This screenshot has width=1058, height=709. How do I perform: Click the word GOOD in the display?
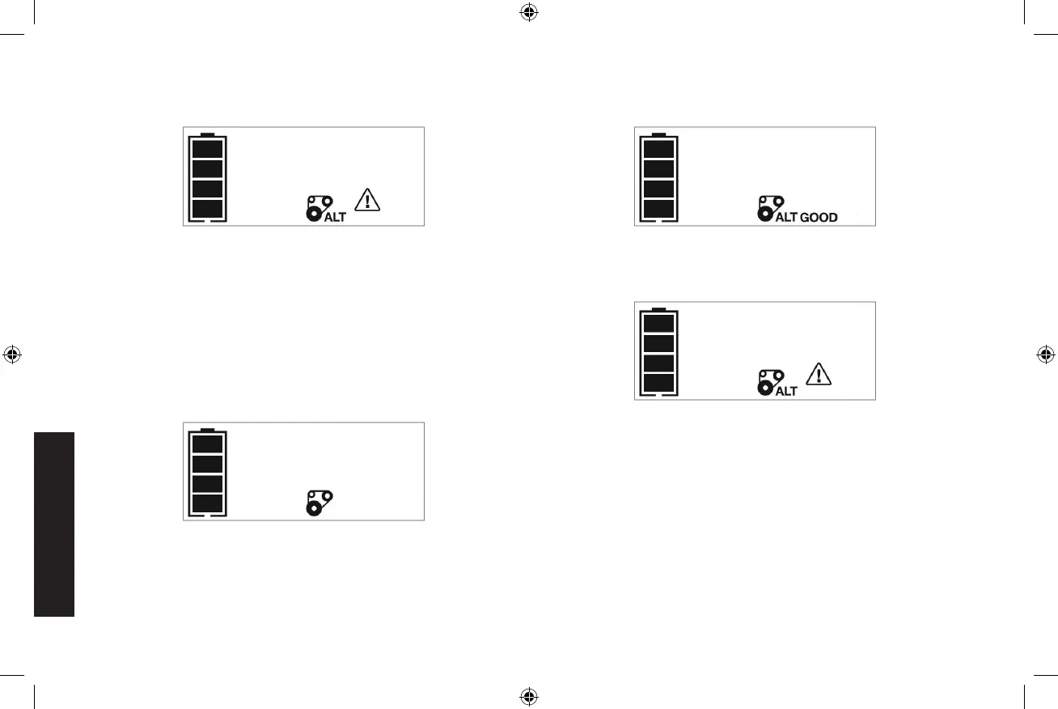[819, 217]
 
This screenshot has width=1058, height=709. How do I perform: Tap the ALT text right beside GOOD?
[786, 217]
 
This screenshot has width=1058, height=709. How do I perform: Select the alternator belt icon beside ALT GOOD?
[768, 207]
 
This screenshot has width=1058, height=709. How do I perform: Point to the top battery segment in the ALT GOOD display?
[658, 148]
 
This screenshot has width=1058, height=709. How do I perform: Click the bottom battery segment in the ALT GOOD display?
[658, 210]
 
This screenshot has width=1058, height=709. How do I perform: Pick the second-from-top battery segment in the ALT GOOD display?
[658, 168]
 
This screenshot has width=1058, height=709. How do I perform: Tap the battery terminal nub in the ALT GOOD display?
[658, 134]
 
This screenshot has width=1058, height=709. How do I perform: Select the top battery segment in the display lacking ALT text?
[207, 444]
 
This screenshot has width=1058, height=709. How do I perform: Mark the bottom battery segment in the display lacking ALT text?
[207, 504]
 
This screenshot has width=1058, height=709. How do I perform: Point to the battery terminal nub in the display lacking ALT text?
[207, 429]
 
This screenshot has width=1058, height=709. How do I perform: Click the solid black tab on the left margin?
[55, 524]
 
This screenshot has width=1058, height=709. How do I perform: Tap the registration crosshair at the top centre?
[528, 12]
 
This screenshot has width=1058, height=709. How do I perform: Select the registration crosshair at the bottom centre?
[528, 695]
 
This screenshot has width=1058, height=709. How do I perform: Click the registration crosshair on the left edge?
[12, 354]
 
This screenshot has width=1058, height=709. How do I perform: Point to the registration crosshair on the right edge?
[1045, 354]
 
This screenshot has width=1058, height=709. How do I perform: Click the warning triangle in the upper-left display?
[368, 199]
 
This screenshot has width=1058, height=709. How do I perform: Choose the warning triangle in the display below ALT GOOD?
[819, 374]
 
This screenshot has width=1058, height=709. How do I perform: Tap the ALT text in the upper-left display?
[335, 217]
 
